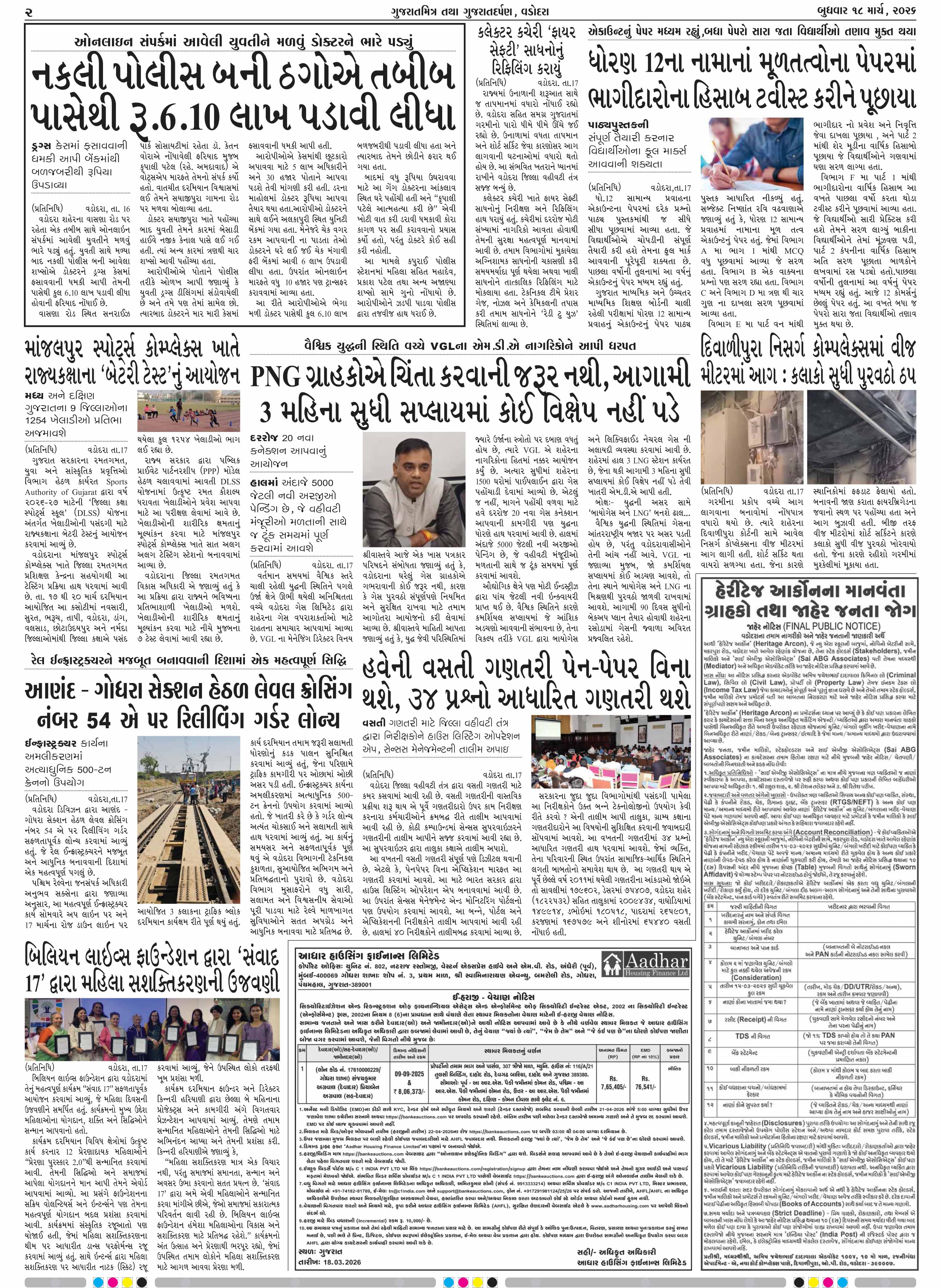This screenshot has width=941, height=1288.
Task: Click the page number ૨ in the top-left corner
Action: tap(29, 11)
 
